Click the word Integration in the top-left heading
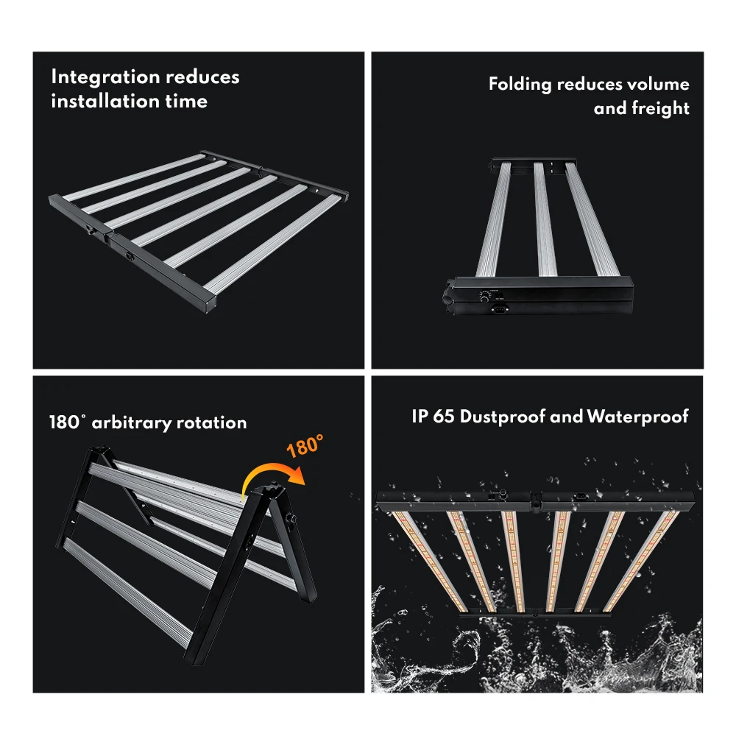105,77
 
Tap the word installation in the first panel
105,102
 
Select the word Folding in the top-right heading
520,85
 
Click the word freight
660,108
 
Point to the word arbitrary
132,423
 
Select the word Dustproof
502,417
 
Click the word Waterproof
638,417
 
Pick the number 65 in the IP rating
443,417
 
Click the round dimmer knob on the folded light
484,296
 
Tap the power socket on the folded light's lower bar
498,309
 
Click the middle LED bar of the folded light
545,219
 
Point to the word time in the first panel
186,102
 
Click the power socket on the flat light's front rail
130,256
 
